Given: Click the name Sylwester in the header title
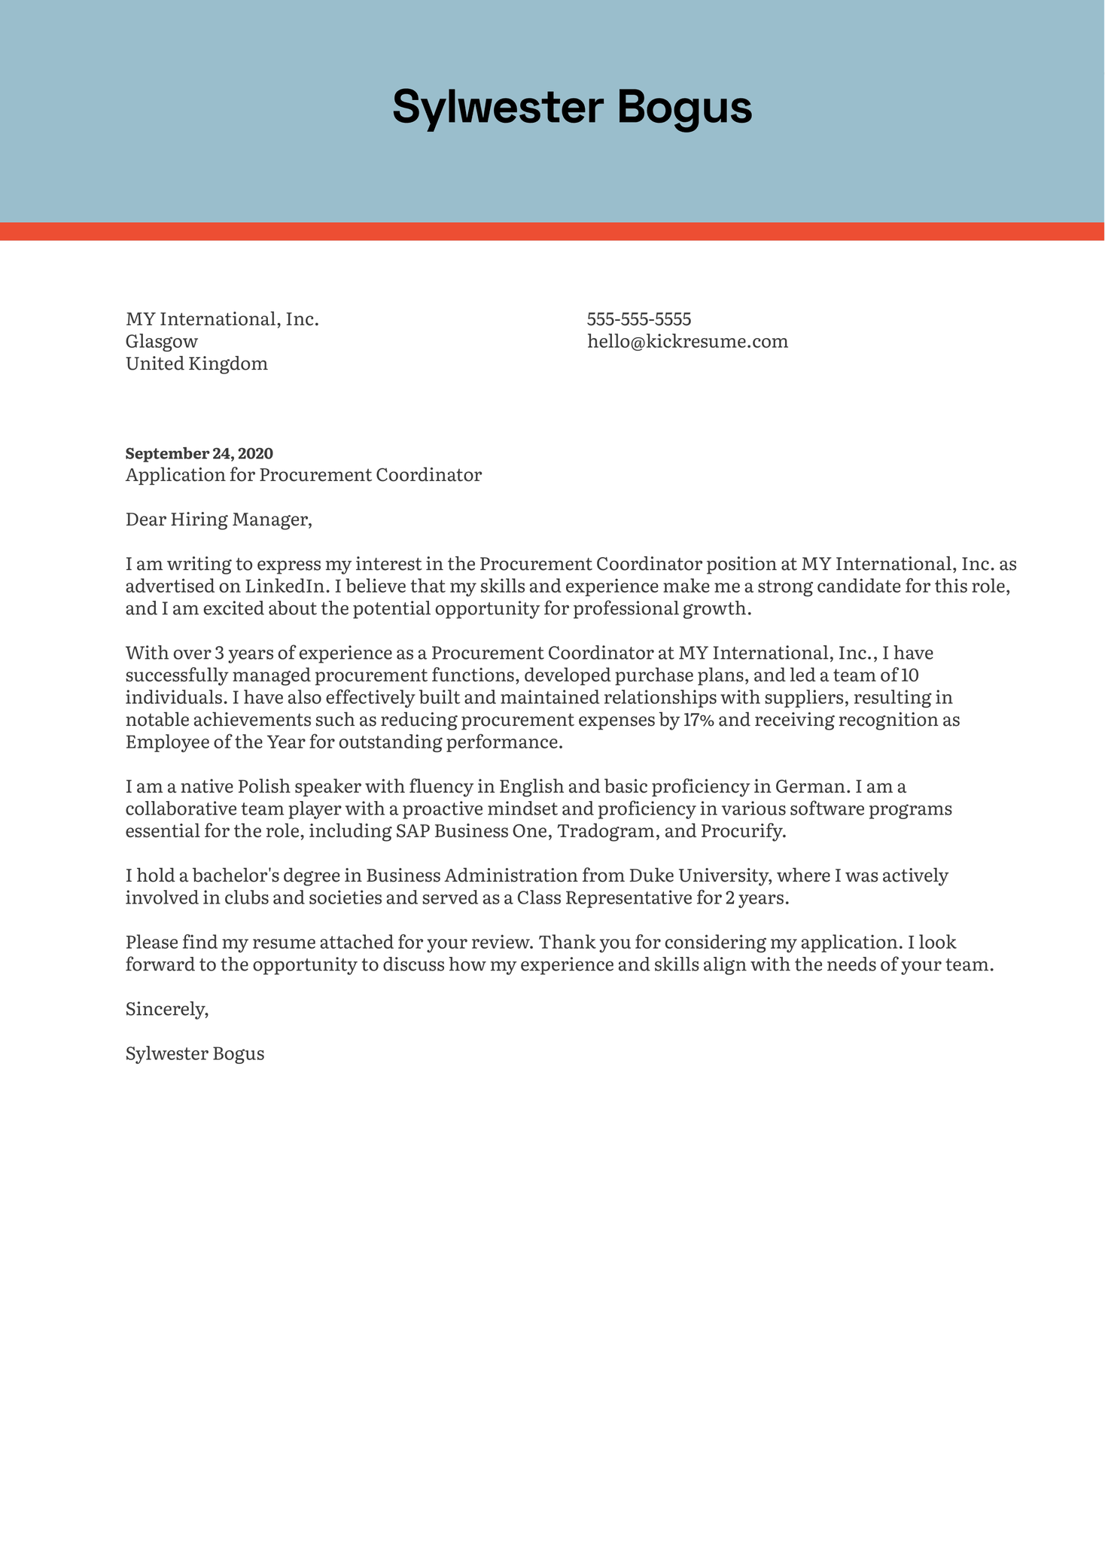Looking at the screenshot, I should tap(498, 108).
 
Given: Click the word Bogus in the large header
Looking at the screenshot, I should tap(684, 108).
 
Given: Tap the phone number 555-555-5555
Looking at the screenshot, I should tap(638, 319).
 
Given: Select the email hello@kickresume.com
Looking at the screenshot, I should tap(687, 342).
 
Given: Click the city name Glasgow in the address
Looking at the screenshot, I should tap(161, 342).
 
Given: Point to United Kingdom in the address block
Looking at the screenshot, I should tap(196, 364).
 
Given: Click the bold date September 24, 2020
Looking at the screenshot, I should tap(199, 453).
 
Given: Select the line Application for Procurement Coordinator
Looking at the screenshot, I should tap(303, 475).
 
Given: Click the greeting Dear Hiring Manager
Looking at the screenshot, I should tap(218, 519).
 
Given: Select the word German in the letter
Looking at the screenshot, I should tap(811, 788).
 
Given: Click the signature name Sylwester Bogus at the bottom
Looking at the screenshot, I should tap(195, 1054).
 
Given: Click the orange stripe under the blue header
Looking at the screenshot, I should tap(552, 231).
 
